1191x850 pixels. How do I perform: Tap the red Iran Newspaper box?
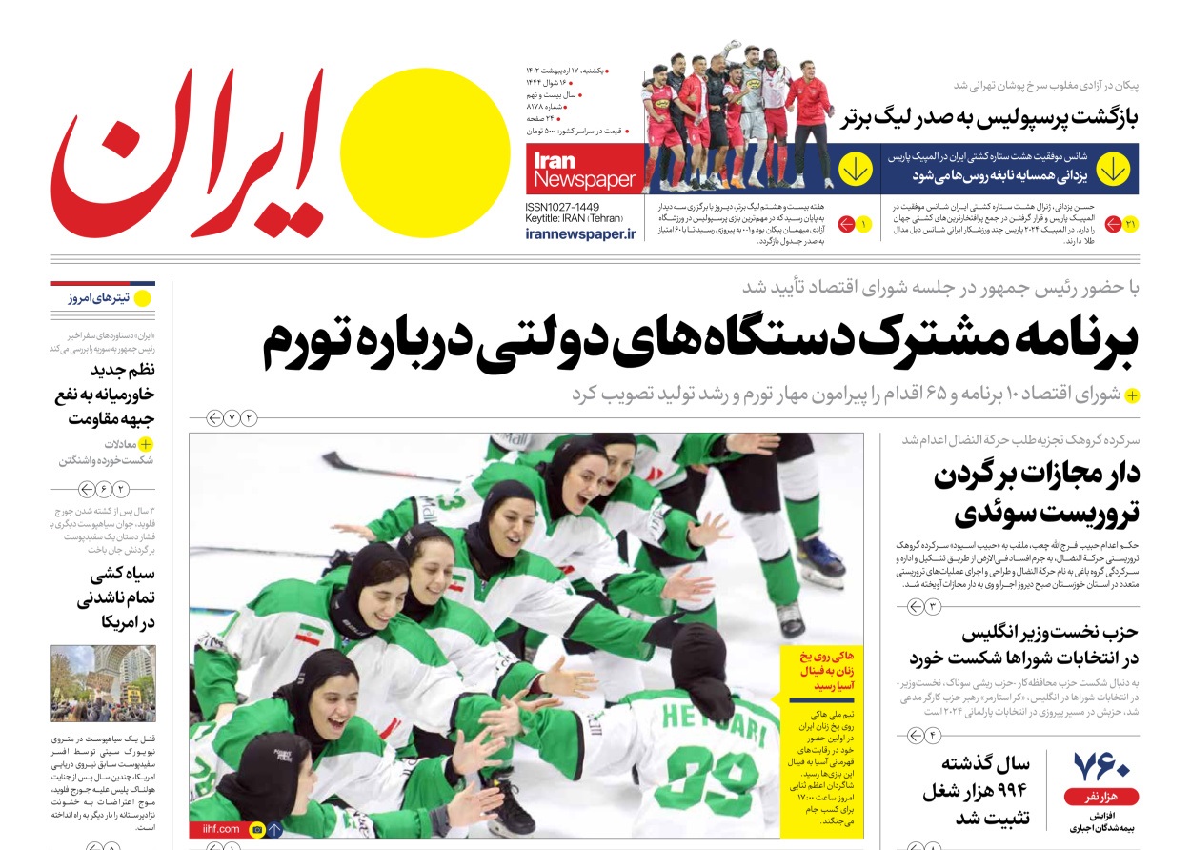click(584, 170)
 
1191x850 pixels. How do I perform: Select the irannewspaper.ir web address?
click(579, 233)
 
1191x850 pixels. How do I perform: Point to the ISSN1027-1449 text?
click(562, 207)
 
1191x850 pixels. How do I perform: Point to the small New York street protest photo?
click(103, 684)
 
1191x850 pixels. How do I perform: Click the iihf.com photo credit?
click(215, 829)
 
